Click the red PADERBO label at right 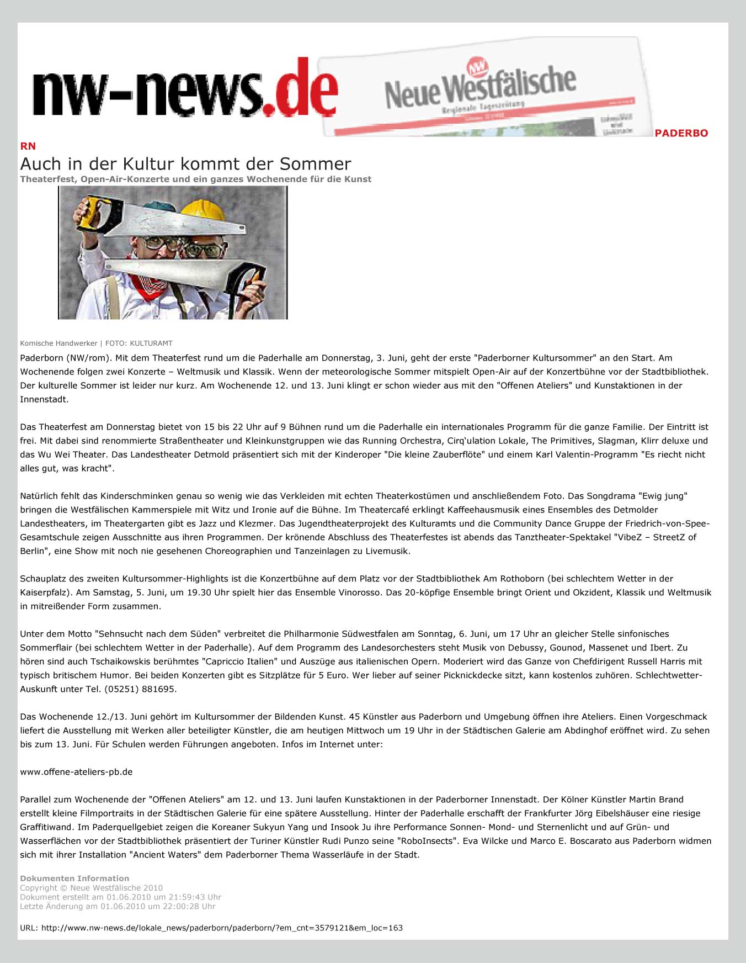[x=681, y=133]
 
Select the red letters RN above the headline [x=28, y=146]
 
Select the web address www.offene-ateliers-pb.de [x=76, y=772]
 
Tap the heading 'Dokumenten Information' [x=74, y=878]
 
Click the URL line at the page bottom [x=211, y=928]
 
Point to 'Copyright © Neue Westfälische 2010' [x=91, y=888]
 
